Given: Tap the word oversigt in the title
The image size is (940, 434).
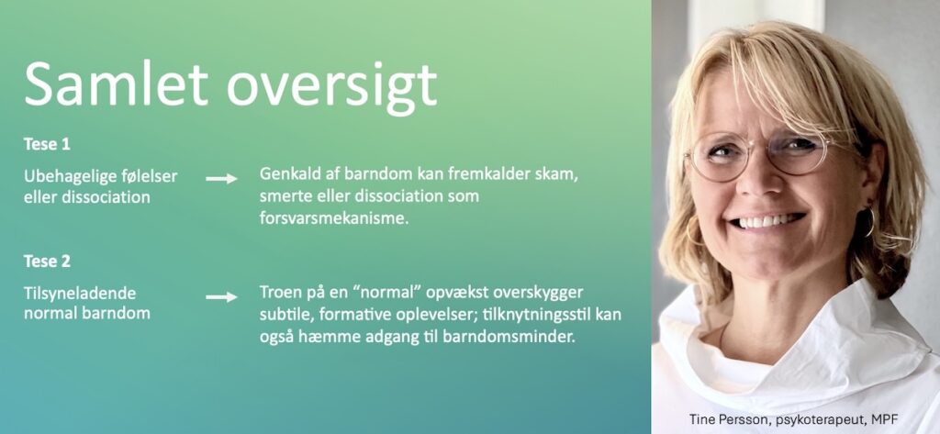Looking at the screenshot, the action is click(x=331, y=88).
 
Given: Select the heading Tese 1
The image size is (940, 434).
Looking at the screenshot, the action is click(x=48, y=144).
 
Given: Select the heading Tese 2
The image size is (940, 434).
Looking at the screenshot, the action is click(x=48, y=262).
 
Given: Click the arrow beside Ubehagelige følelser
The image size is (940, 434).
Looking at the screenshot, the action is click(x=222, y=178).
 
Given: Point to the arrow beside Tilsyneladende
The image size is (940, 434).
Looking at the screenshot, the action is click(x=222, y=296).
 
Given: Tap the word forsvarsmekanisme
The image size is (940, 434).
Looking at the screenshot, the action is click(x=334, y=218).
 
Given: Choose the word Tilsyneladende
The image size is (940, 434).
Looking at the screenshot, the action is click(x=80, y=294).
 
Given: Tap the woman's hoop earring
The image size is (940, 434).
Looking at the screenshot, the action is click(x=870, y=222).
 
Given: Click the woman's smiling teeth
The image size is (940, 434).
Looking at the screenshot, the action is click(x=767, y=220).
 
